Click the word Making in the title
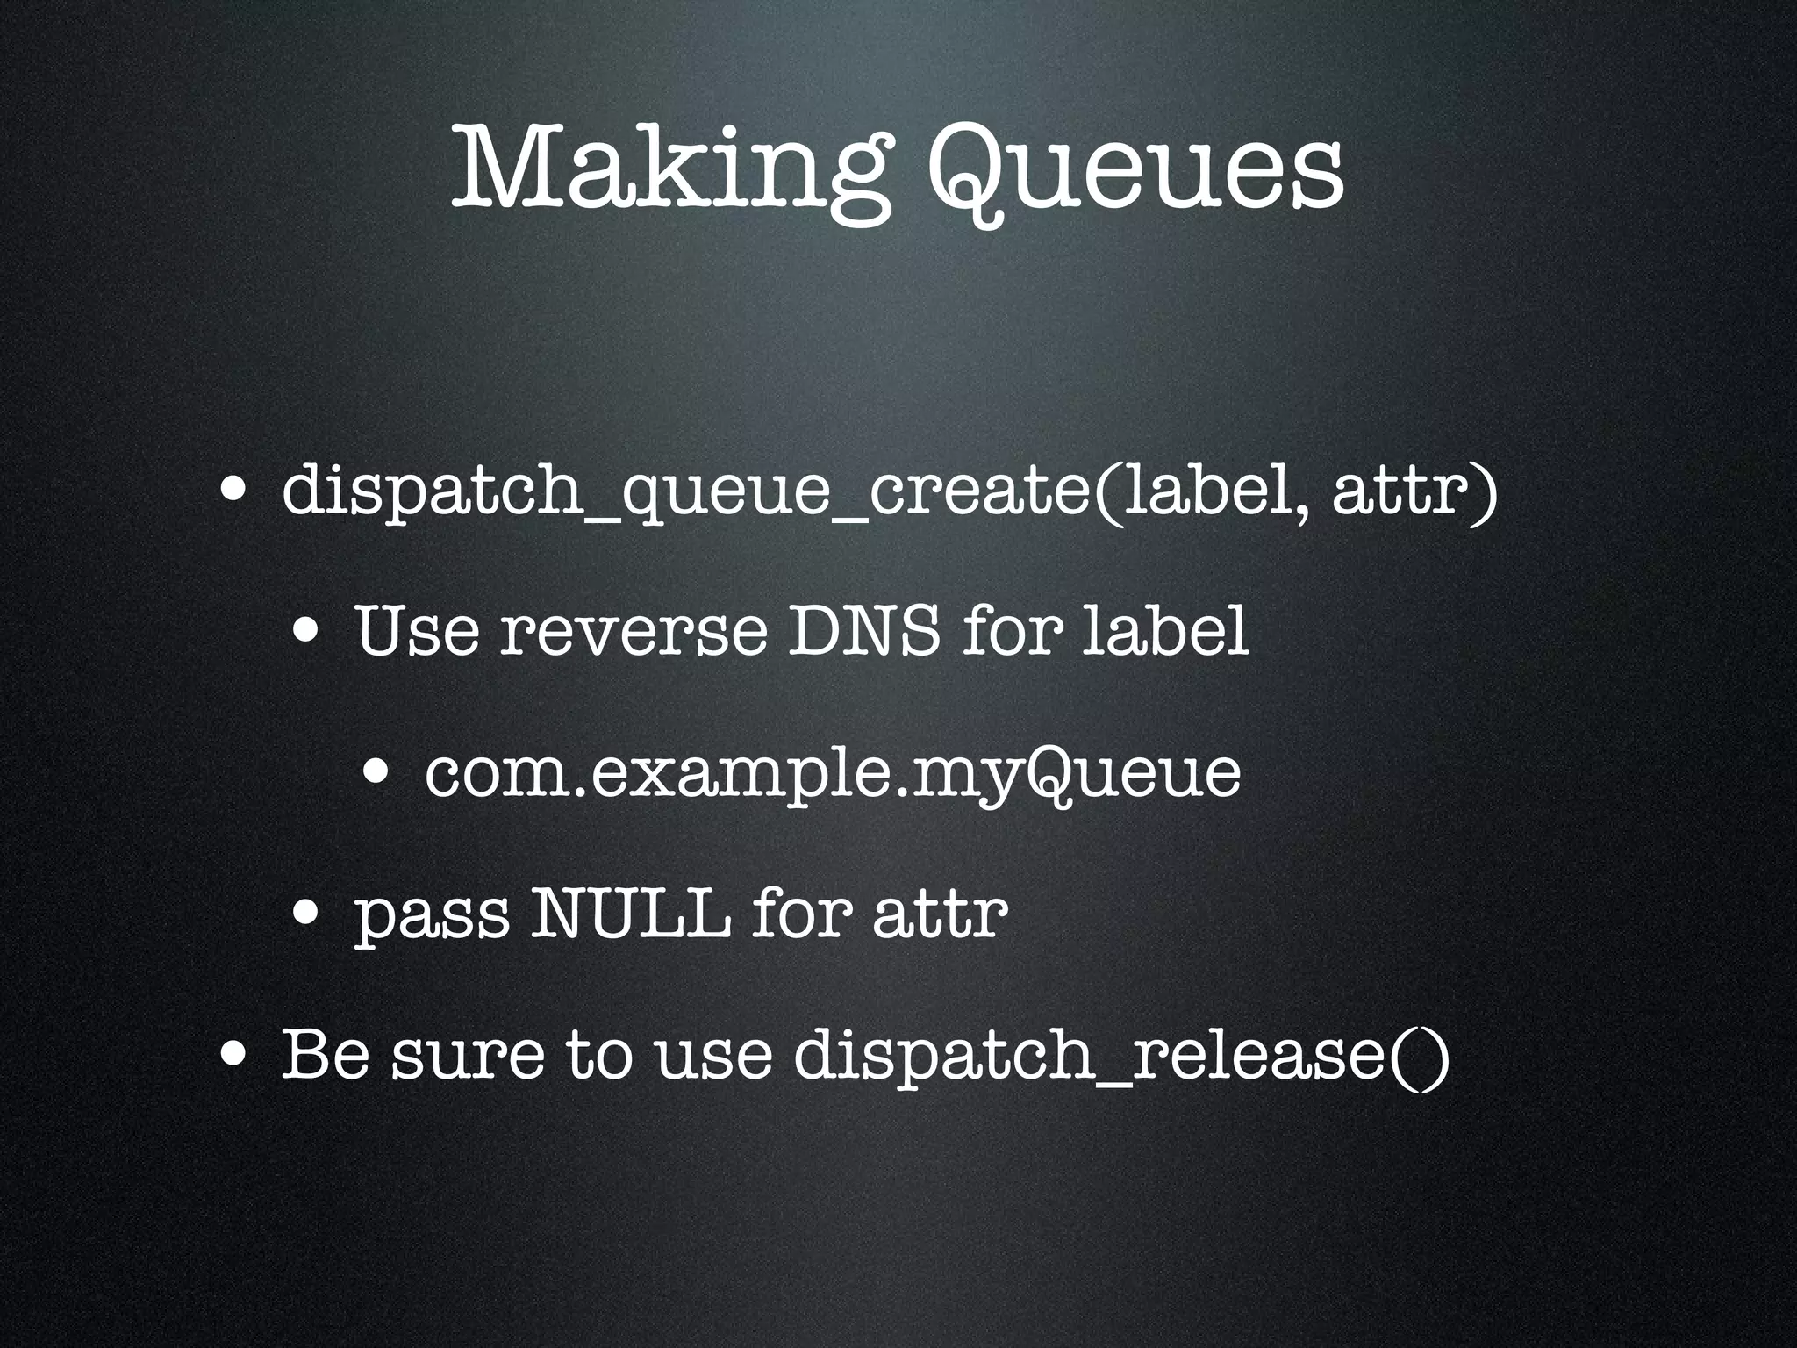[x=667, y=167]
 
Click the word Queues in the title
[x=1135, y=167]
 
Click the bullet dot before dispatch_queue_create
[x=233, y=488]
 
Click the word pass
[x=431, y=916]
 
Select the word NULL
[x=632, y=913]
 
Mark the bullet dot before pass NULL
[x=306, y=914]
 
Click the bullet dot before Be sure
[x=233, y=1052]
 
